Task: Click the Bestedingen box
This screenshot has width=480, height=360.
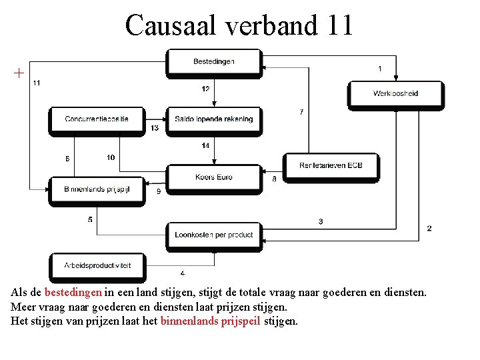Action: [214, 62]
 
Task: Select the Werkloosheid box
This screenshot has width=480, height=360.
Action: [395, 93]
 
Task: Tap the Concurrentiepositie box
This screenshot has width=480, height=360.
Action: [97, 119]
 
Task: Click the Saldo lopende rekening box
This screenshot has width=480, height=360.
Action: [214, 119]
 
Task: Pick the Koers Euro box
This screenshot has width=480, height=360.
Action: [214, 177]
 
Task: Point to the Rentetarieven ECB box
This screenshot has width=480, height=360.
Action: [331, 165]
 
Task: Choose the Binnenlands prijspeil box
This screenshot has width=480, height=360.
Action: [97, 189]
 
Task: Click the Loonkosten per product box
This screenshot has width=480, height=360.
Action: [214, 235]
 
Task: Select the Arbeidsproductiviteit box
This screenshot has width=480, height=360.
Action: [97, 265]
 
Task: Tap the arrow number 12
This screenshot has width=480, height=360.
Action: [205, 89]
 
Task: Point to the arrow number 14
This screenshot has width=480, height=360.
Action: [205, 145]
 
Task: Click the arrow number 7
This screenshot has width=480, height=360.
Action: [301, 112]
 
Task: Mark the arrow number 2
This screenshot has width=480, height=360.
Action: [429, 228]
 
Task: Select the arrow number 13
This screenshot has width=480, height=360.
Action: [155, 127]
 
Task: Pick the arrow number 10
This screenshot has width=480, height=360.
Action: [111, 157]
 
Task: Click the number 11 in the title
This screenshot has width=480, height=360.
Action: [340, 25]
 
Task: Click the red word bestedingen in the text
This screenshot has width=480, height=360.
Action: [73, 292]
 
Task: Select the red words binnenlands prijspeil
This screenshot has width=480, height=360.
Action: [211, 321]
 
